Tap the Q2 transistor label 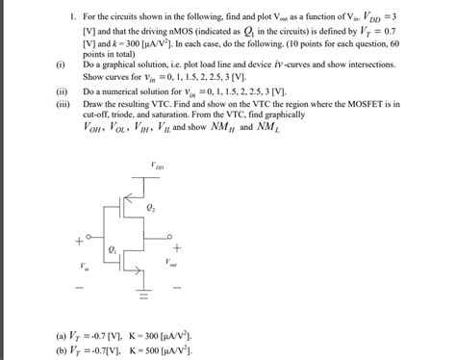[x=151, y=207]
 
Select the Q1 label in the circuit [x=114, y=250]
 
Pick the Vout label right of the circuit [x=170, y=262]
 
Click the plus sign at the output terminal [x=176, y=247]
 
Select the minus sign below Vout [x=176, y=286]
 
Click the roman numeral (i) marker [x=61, y=64]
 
